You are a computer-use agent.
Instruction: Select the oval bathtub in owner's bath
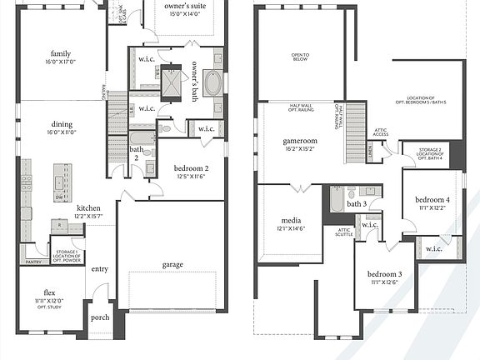tap(212, 84)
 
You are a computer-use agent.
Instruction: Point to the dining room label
tap(62, 125)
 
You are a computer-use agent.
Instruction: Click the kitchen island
tap(62, 177)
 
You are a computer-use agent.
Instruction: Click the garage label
tap(172, 265)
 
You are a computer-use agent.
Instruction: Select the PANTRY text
tap(33, 261)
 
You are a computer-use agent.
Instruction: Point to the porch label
tap(100, 317)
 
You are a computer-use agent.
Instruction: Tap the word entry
tap(99, 268)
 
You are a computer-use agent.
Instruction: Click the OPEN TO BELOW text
tap(300, 57)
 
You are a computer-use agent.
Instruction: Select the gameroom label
tap(300, 141)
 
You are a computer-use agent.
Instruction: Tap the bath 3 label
tap(357, 203)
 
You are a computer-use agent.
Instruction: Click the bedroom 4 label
tap(432, 201)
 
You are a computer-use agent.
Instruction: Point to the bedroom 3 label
tap(384, 274)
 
